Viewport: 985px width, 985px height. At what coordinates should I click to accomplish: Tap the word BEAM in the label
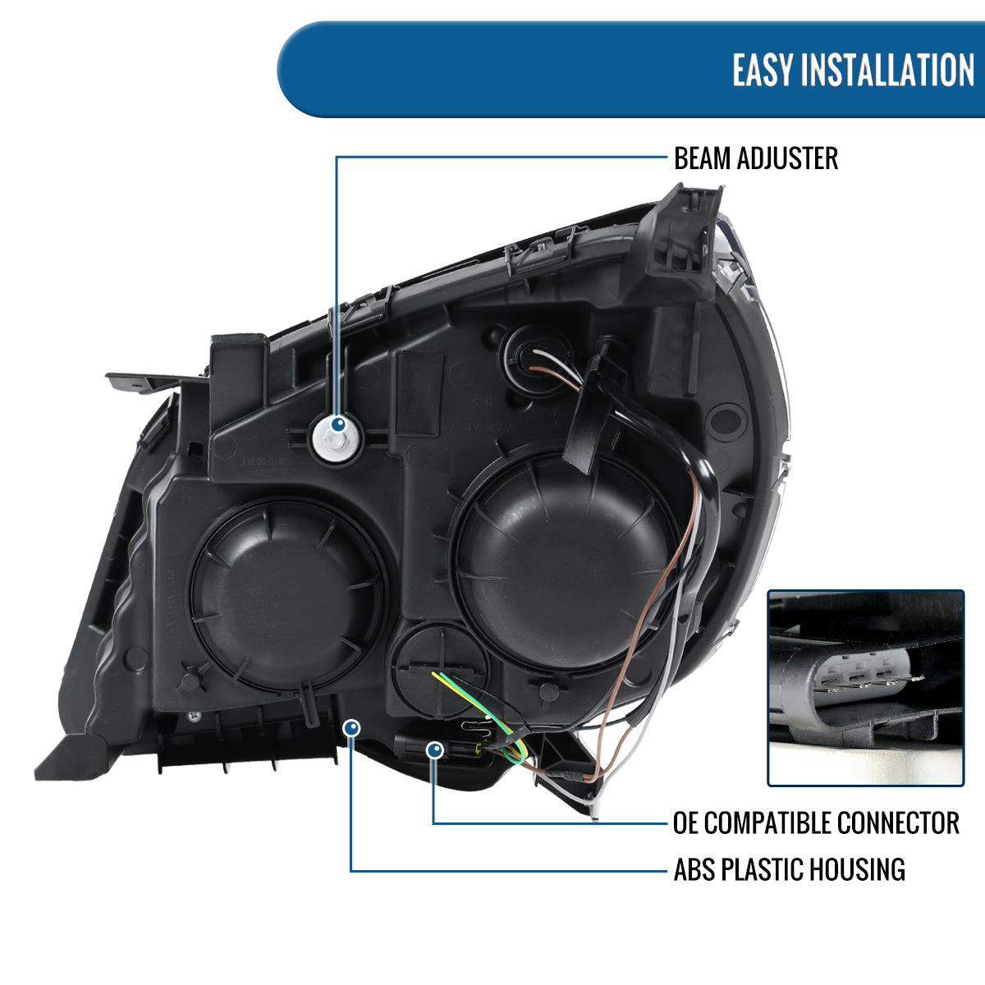(x=702, y=158)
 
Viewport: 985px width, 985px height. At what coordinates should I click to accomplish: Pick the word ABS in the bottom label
(x=694, y=869)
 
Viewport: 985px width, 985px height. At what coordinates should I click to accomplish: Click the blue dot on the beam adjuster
(x=337, y=425)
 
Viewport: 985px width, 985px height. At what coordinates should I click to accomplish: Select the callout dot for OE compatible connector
(x=434, y=749)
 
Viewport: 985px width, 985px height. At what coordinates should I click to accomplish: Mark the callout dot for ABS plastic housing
(x=351, y=728)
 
